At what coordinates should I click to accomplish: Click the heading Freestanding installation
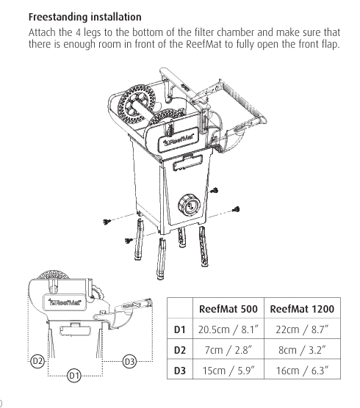(x=85, y=17)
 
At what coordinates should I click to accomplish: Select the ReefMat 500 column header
(x=228, y=309)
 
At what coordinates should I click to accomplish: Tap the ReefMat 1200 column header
(x=302, y=309)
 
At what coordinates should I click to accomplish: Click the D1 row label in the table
(x=180, y=329)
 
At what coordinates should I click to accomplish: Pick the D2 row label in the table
(x=180, y=350)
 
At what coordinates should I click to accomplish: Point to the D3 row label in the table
(x=180, y=371)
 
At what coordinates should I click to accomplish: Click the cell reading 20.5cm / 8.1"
(x=228, y=329)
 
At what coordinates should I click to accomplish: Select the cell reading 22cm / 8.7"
(x=302, y=329)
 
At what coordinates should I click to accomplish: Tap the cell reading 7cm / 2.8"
(x=228, y=350)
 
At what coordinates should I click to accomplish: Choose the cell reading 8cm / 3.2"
(x=302, y=350)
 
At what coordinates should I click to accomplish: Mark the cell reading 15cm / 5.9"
(x=228, y=371)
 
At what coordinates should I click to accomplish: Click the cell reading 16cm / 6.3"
(x=302, y=371)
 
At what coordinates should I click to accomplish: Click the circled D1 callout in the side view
(x=74, y=376)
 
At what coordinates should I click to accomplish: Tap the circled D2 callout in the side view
(x=37, y=361)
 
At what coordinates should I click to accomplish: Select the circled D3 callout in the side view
(x=129, y=362)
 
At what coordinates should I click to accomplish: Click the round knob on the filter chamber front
(x=189, y=204)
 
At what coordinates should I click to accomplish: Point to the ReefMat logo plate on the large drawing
(x=178, y=139)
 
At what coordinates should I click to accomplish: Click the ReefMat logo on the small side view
(x=65, y=302)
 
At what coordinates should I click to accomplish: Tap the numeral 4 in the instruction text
(x=78, y=33)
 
